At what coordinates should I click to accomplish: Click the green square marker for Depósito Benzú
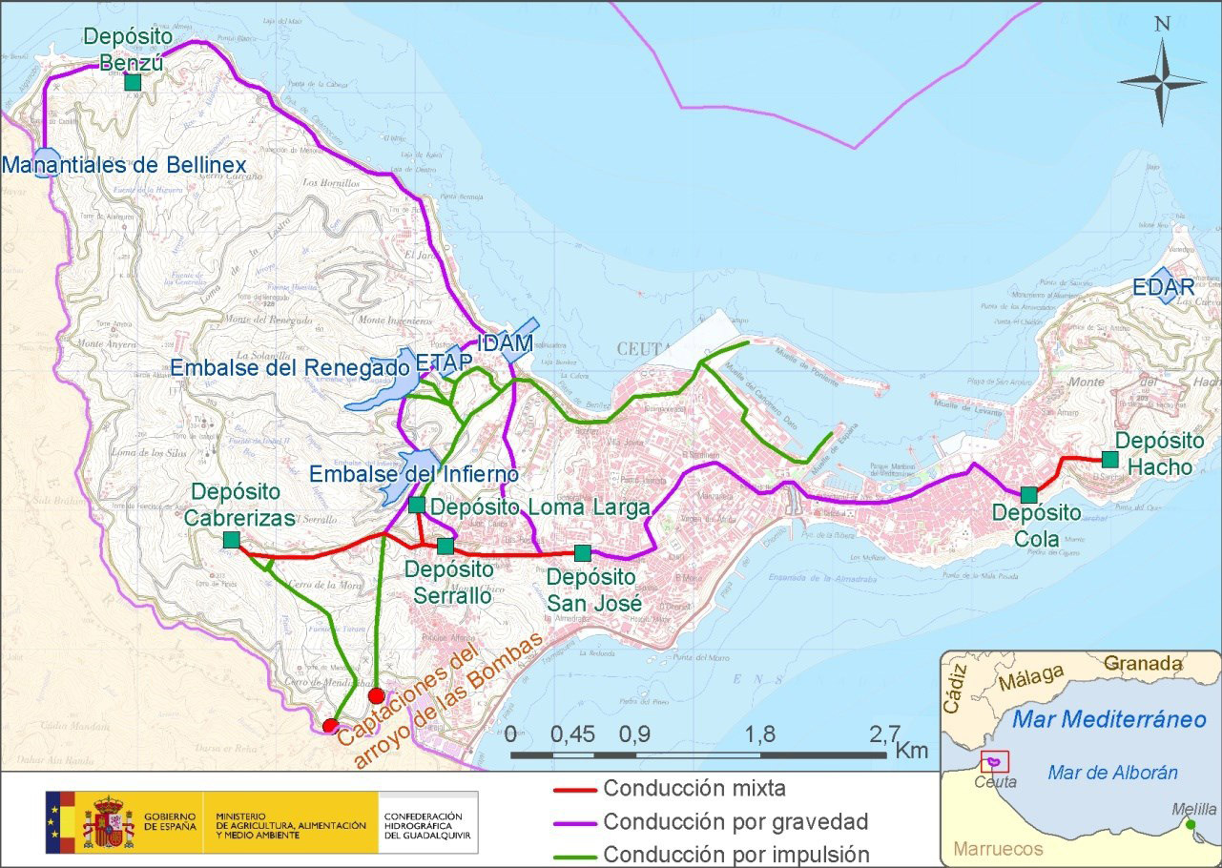pyautogui.click(x=133, y=82)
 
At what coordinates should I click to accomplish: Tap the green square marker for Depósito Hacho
pyautogui.click(x=1109, y=459)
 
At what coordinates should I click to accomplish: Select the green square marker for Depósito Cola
pyautogui.click(x=1028, y=495)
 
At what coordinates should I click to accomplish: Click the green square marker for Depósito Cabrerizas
pyautogui.click(x=231, y=540)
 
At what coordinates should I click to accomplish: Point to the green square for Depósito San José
pyautogui.click(x=583, y=552)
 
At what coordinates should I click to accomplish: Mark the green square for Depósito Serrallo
pyautogui.click(x=445, y=546)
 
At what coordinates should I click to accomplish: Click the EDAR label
pyautogui.click(x=1163, y=286)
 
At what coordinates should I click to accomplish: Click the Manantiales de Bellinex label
pyautogui.click(x=124, y=165)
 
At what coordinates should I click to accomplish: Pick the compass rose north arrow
pyautogui.click(x=1162, y=76)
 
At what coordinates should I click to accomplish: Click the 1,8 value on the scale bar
pyautogui.click(x=760, y=734)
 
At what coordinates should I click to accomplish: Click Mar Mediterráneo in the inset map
pyautogui.click(x=1109, y=719)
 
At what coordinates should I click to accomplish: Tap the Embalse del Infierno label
pyautogui.click(x=413, y=474)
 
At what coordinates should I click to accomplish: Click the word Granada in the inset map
pyautogui.click(x=1143, y=664)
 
